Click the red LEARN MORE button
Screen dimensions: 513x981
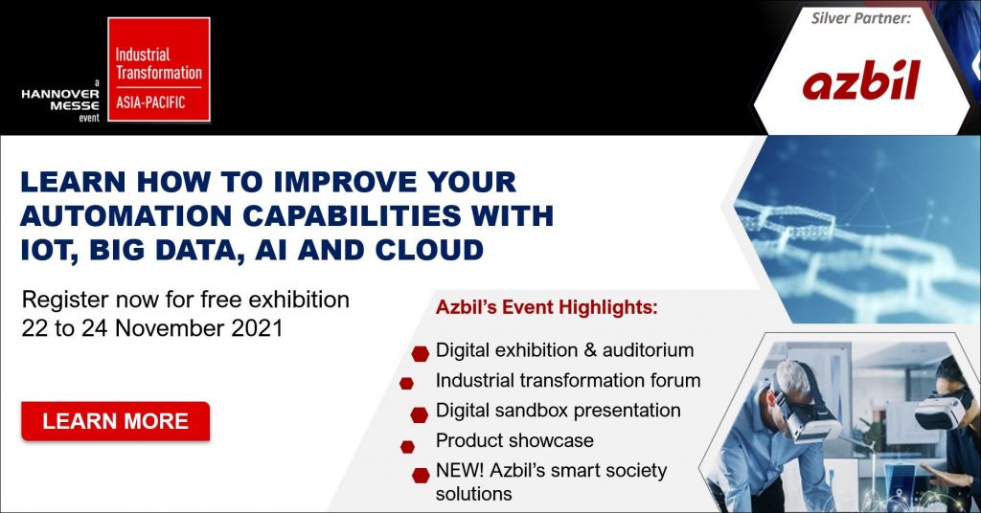[x=115, y=421]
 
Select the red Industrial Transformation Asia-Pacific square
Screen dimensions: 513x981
[x=158, y=69]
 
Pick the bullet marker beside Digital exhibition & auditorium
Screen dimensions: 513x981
[x=419, y=353]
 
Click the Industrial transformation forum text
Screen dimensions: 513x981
[x=567, y=380]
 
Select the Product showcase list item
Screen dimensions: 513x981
[x=514, y=440]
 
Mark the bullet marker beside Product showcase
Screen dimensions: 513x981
[x=407, y=446]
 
